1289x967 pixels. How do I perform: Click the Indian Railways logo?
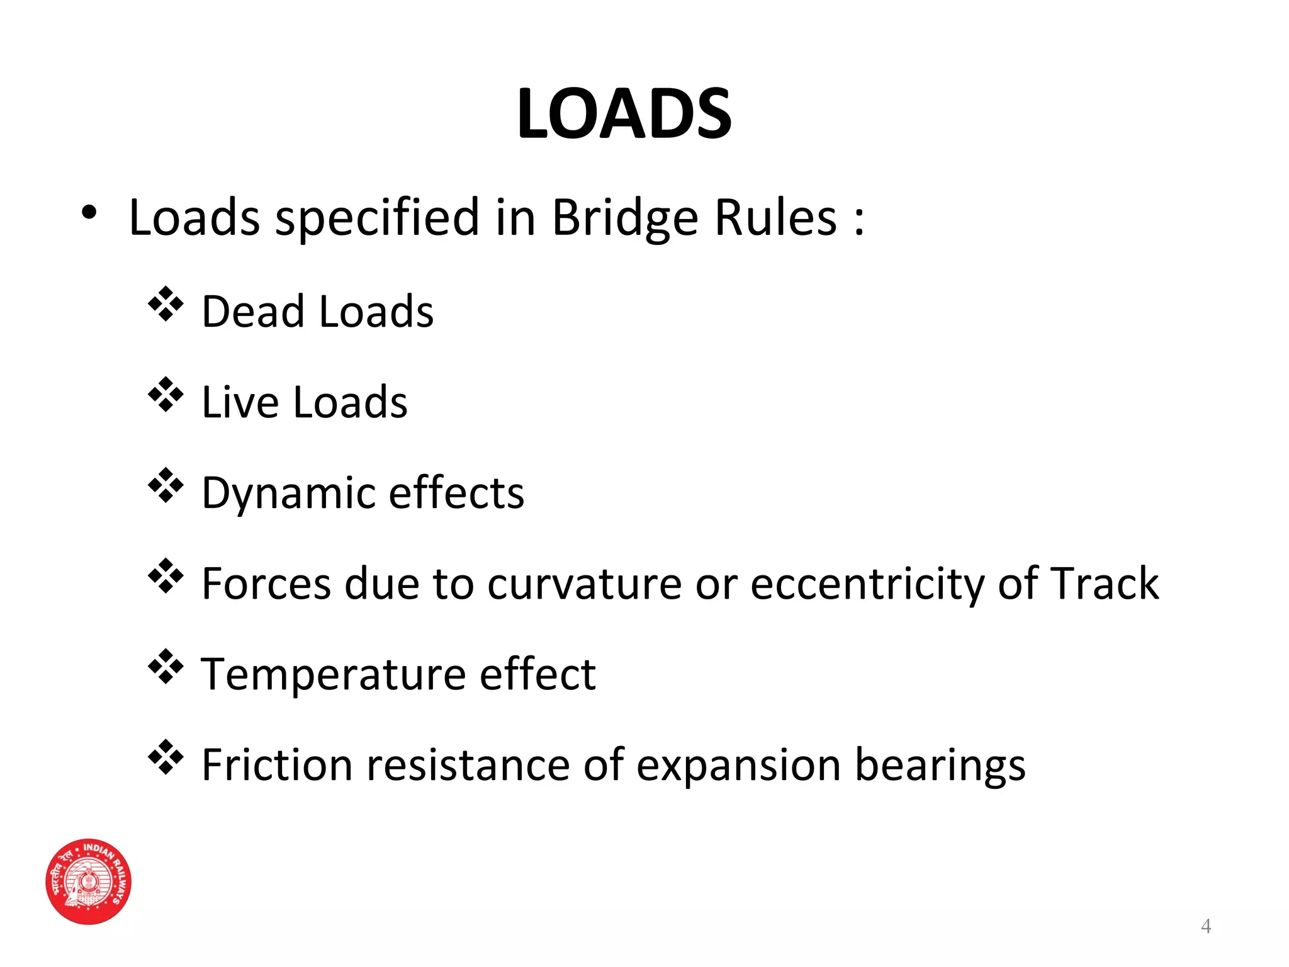click(89, 881)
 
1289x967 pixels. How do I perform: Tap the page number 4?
click(1205, 926)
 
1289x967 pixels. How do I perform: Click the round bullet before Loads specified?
click(89, 213)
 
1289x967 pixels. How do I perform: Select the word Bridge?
click(624, 218)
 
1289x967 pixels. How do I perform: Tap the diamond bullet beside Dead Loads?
click(166, 304)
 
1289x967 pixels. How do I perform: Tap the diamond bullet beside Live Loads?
click(166, 395)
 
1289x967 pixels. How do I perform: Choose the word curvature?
click(584, 584)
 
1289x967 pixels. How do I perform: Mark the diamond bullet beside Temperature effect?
click(166, 666)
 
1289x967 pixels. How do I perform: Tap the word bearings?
click(940, 766)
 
